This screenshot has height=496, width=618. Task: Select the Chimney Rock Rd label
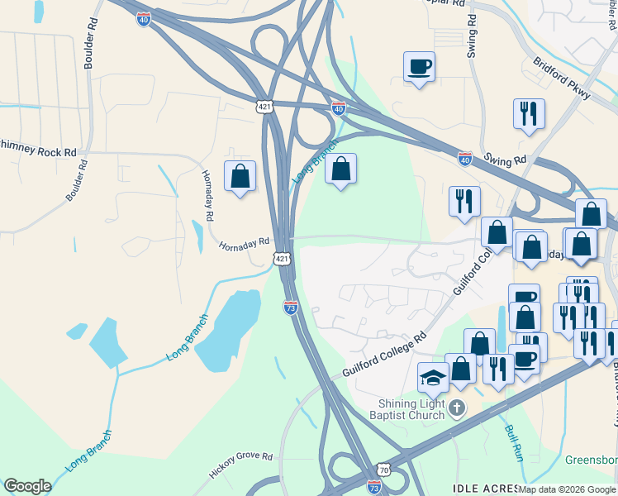pos(39,146)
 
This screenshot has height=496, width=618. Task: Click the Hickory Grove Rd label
pos(240,464)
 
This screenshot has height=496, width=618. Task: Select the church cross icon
pos(456,408)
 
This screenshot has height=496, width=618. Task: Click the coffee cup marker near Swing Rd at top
pos(420,66)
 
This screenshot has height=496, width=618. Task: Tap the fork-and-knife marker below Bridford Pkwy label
pos(529,113)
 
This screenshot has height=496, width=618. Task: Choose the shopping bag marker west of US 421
pos(240,176)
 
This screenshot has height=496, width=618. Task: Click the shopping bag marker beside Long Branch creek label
pos(340,169)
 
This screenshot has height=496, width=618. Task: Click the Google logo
pos(27,486)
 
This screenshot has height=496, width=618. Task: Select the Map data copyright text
pos(567,489)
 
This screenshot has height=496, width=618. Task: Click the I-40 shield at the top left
pos(144,17)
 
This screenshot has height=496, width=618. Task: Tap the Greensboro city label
pos(593,460)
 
